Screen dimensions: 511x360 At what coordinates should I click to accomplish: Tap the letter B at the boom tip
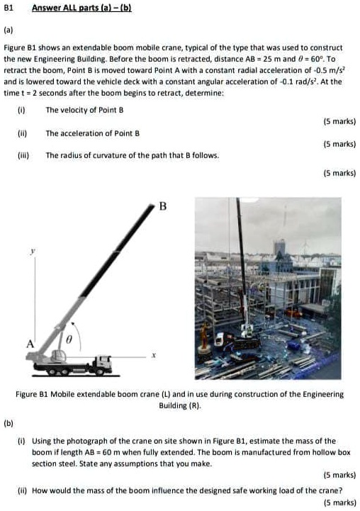click(x=162, y=207)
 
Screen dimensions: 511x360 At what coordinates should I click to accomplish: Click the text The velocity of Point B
click(x=84, y=111)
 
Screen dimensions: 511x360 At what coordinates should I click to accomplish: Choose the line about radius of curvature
click(x=132, y=155)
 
